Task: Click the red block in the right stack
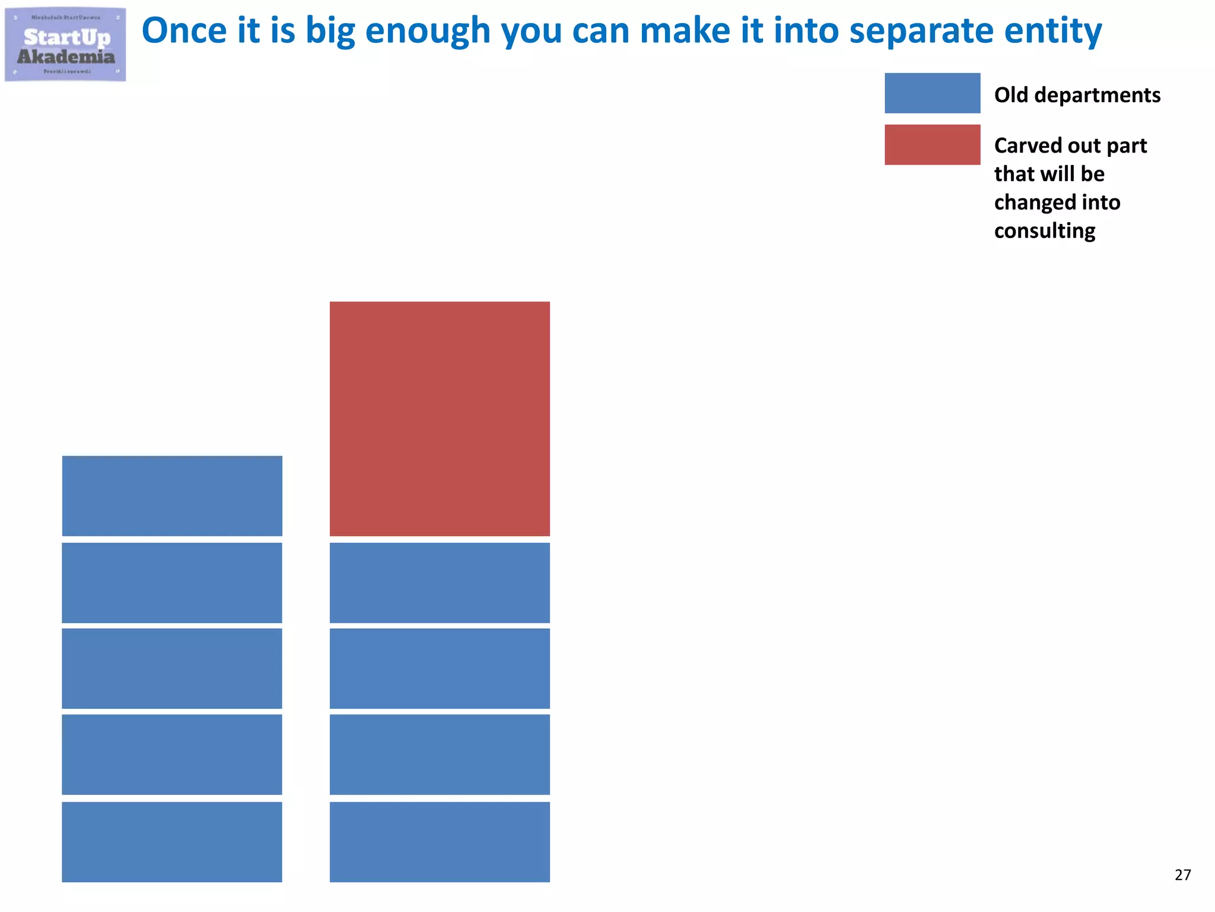(x=440, y=419)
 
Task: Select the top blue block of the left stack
(x=172, y=496)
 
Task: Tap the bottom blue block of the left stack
(x=172, y=841)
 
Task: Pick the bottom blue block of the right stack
(x=440, y=841)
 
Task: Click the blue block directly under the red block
(x=440, y=582)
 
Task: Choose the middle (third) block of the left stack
(x=172, y=668)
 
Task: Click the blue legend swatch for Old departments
(x=932, y=93)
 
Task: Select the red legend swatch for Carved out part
(x=932, y=144)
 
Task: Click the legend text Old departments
(x=1077, y=95)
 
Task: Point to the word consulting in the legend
(x=1044, y=231)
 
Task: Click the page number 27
(x=1182, y=875)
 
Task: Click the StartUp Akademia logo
(x=65, y=45)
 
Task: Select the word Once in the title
(x=184, y=31)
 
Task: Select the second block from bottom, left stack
(x=172, y=754)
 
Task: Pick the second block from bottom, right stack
(x=440, y=754)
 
